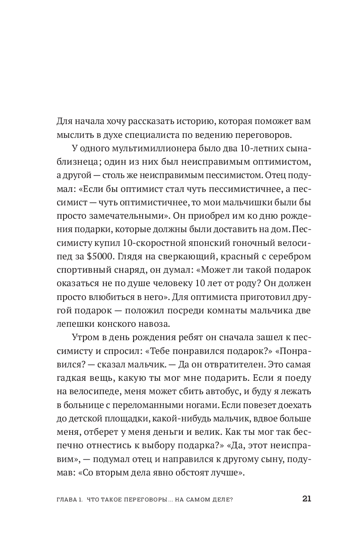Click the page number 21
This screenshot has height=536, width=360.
[x=306, y=498]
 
